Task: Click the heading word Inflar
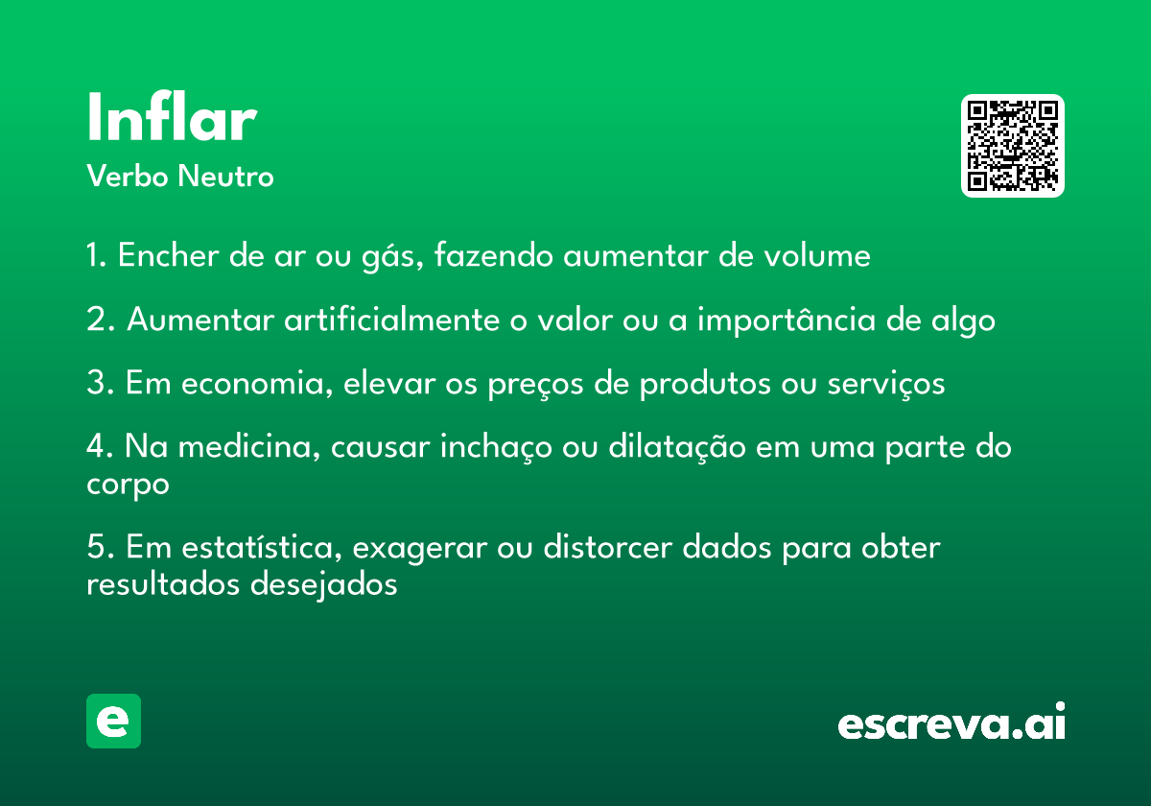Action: pos(172,116)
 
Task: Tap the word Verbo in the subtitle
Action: pos(128,176)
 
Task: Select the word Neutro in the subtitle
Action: pos(225,176)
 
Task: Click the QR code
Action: pos(1012,146)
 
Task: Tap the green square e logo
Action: pos(113,721)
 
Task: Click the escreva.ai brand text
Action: pos(951,722)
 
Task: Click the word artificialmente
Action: pos(392,319)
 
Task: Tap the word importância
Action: pos(787,320)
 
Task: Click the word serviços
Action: pos(886,384)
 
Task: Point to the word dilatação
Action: pos(677,446)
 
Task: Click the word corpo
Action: pos(128,486)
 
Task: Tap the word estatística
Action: pos(262,547)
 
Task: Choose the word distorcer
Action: pos(608,547)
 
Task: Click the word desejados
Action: pos(324,584)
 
